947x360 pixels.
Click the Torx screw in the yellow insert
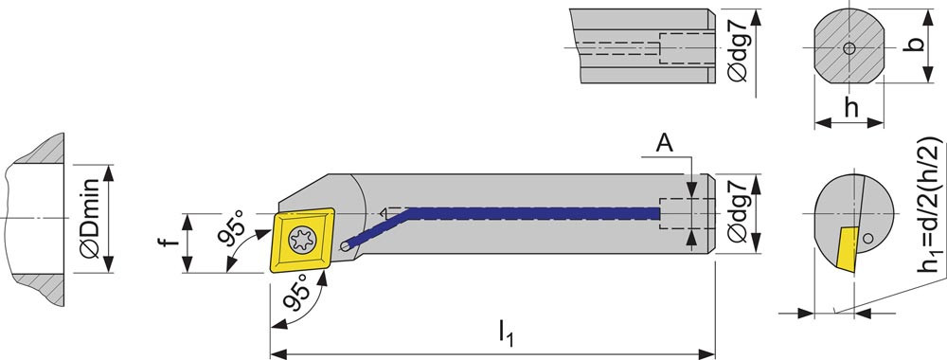pyautogui.click(x=303, y=240)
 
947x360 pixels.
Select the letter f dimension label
pyautogui.click(x=172, y=242)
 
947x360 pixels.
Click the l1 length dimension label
pyautogui.click(x=505, y=333)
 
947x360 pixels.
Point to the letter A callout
pyautogui.click(x=665, y=144)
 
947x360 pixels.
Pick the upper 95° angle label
pyautogui.click(x=234, y=227)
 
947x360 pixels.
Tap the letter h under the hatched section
pyautogui.click(x=851, y=107)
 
